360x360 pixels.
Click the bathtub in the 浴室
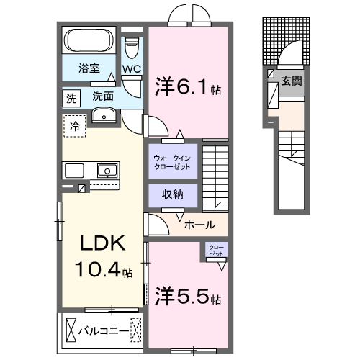click(x=89, y=40)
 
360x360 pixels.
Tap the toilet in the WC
click(x=131, y=48)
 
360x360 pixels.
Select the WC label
click(x=131, y=69)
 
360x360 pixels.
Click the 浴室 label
click(x=89, y=71)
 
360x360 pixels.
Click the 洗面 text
click(x=103, y=96)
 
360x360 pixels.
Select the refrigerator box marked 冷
click(x=74, y=126)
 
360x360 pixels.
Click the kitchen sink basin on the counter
click(x=107, y=171)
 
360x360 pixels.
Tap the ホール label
click(x=199, y=225)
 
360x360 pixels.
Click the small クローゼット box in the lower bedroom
click(x=216, y=251)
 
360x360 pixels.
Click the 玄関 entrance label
click(x=291, y=81)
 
